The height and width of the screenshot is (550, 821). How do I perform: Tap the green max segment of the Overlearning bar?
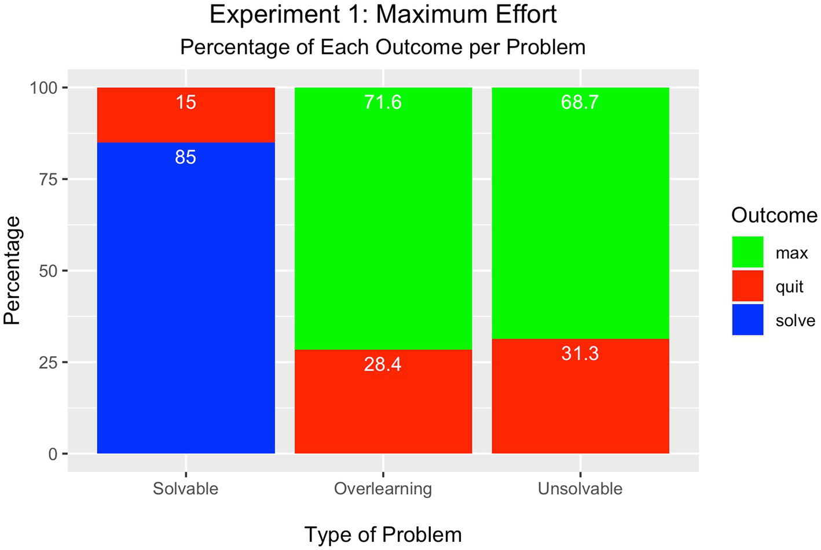tap(383, 226)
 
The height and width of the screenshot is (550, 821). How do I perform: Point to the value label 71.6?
tap(383, 102)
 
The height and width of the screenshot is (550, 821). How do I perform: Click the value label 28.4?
tap(383, 364)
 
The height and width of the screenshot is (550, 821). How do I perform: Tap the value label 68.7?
tap(580, 102)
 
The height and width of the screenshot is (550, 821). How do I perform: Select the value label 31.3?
tap(580, 353)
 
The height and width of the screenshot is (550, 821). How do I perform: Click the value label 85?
tap(186, 157)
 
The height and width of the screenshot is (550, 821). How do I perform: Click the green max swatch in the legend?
tap(747, 252)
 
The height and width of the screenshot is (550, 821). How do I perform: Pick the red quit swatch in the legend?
tap(747, 286)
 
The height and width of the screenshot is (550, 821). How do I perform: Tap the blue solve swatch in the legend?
tap(747, 320)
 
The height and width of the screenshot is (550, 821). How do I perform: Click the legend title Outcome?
tap(774, 215)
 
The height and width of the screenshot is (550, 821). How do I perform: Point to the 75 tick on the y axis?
tap(49, 179)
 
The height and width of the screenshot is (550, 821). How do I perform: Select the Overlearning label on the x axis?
tap(383, 489)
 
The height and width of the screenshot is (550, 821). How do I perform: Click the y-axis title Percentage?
tap(13, 271)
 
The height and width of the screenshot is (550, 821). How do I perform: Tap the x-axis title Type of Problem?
tap(383, 534)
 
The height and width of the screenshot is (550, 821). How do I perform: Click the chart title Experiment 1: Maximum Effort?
tap(383, 15)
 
